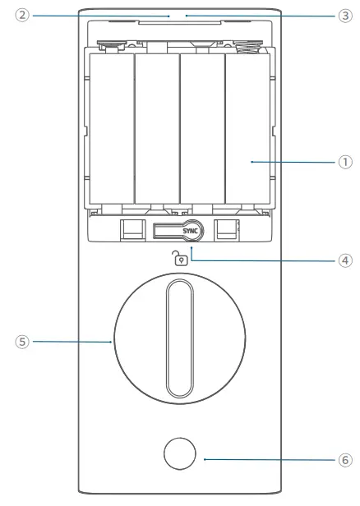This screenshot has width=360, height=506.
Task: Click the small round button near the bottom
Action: (178, 453)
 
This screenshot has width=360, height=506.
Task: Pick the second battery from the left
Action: (156, 138)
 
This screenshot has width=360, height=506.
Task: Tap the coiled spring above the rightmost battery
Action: (246, 48)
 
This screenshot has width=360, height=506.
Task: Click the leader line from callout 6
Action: (263, 461)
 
